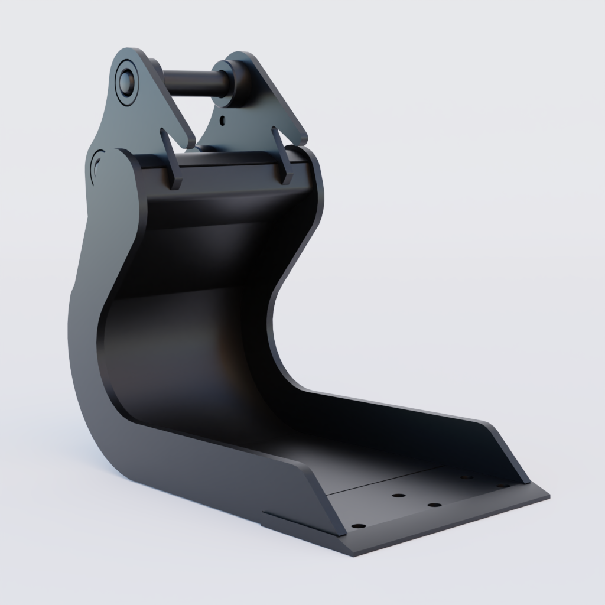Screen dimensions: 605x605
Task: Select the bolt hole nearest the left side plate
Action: click(357, 525)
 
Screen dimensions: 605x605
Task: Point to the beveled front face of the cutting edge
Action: click(449, 529)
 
